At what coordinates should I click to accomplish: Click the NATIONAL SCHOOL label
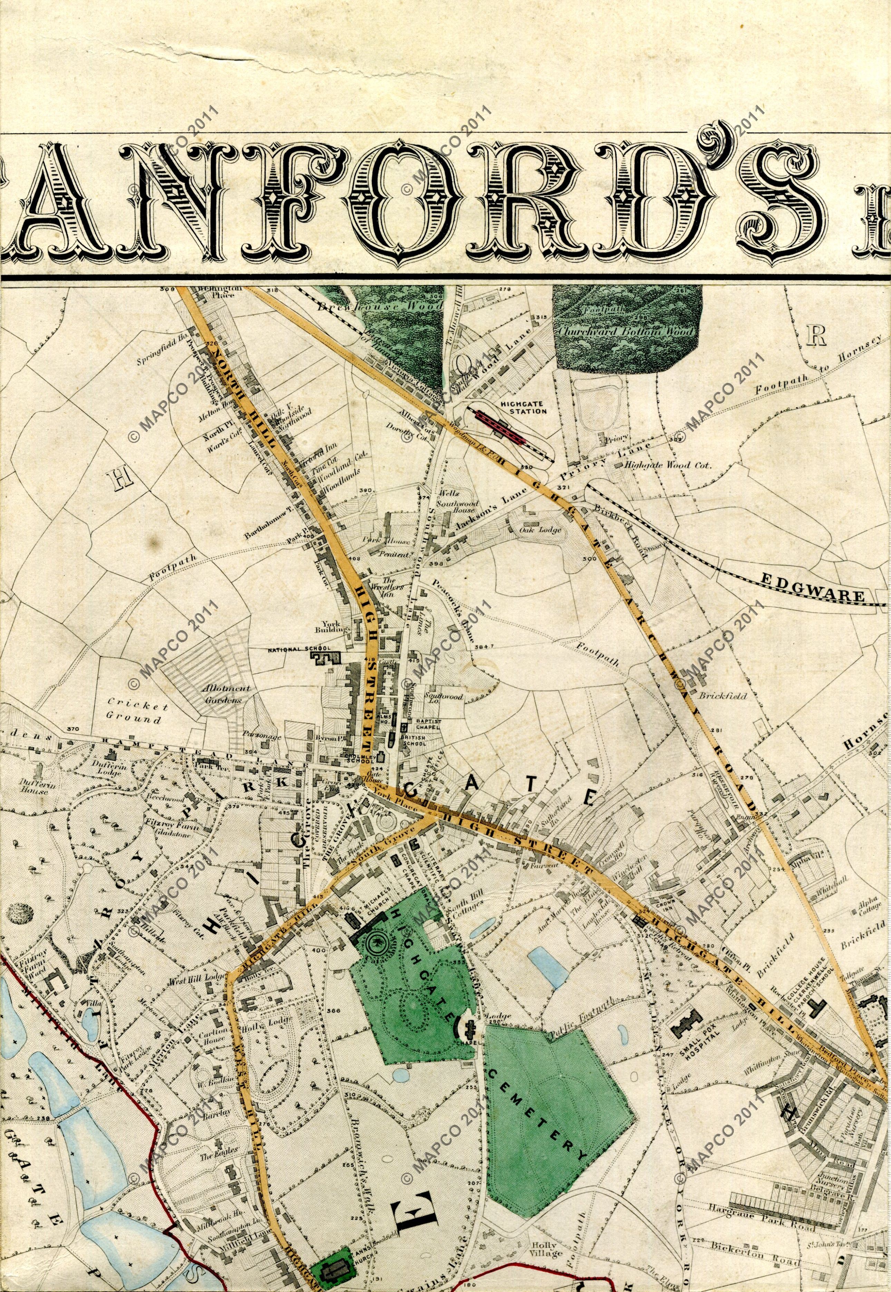[x=299, y=650]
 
